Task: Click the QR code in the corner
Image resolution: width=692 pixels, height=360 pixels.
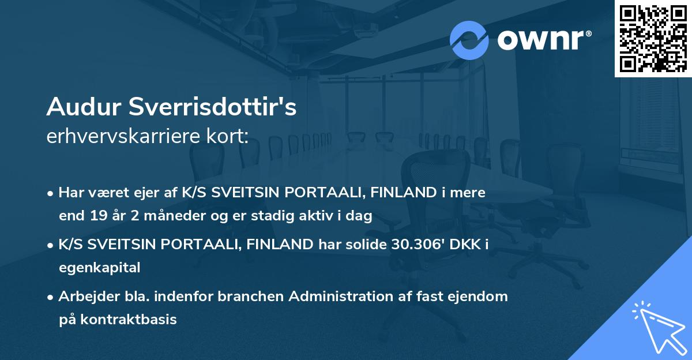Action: coord(653,38)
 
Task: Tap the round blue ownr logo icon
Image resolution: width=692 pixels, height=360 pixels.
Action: coord(469,40)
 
